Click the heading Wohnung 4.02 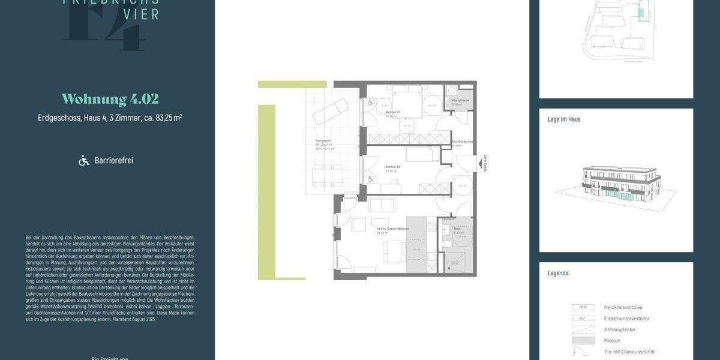(x=110, y=100)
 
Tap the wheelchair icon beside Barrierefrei (x=84, y=160)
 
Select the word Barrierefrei (x=114, y=161)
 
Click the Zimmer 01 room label (x=393, y=113)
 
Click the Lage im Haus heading (x=564, y=119)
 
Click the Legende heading (x=558, y=273)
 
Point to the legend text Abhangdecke (x=620, y=329)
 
